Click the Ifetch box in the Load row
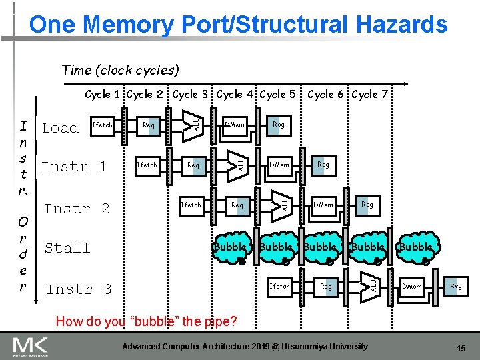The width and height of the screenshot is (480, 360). point(102,125)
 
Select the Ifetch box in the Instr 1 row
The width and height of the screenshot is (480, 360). point(147,165)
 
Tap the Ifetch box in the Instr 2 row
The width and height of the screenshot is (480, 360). point(191,205)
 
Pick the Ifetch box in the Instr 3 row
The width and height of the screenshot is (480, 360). point(279,287)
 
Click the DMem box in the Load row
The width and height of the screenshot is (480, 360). point(235,125)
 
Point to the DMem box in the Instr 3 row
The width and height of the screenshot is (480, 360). point(411,287)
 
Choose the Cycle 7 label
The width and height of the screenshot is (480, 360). point(370,94)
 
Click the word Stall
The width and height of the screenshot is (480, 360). point(67,248)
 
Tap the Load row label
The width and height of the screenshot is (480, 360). point(60,127)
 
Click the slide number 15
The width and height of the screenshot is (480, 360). point(461,349)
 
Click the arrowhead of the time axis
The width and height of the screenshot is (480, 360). point(399,85)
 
